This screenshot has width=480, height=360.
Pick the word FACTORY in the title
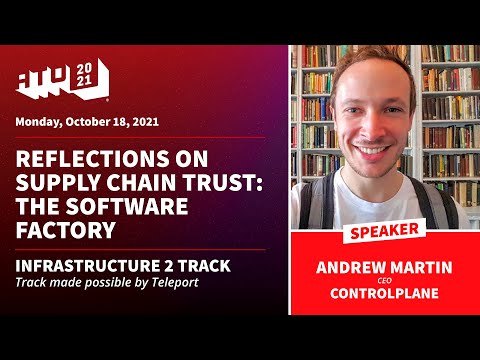[68, 230]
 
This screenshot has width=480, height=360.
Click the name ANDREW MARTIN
[383, 267]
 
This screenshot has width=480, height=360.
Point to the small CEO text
[383, 281]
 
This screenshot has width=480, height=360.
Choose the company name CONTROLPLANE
[383, 295]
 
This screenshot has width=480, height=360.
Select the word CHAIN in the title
[135, 184]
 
